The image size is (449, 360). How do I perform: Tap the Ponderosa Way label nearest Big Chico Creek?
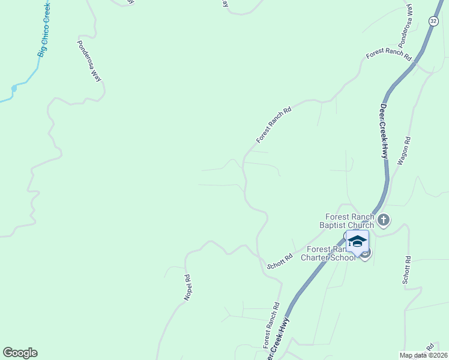[89, 61]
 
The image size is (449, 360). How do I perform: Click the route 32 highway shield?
[433, 20]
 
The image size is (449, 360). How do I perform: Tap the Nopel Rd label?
[187, 287]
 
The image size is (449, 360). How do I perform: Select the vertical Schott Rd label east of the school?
[407, 270]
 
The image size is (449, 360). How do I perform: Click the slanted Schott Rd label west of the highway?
[280, 261]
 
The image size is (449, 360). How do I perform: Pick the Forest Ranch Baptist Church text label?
[350, 221]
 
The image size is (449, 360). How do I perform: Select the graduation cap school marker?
[357, 242]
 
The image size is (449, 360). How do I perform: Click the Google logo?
[20, 353]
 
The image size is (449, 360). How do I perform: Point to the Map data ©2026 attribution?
[423, 355]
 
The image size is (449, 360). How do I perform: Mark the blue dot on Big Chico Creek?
[14, 89]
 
